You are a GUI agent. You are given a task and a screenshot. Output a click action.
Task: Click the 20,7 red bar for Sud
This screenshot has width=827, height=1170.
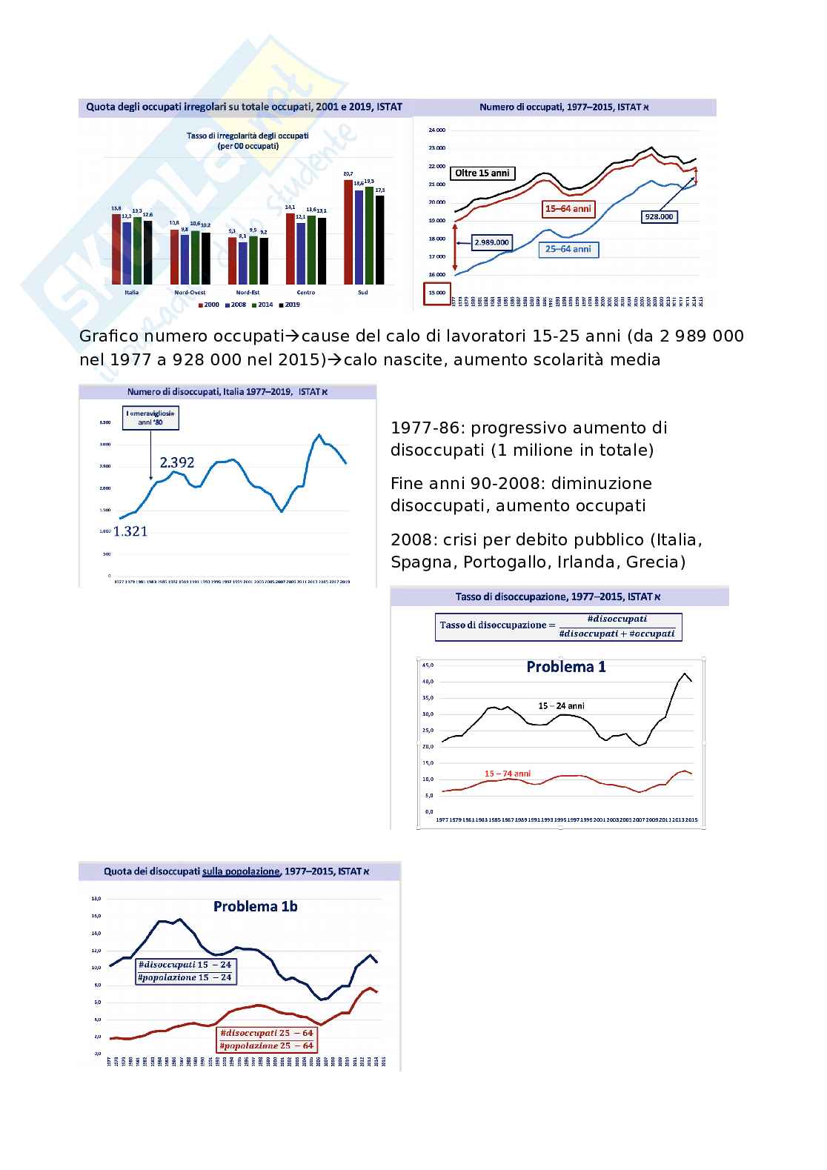348,231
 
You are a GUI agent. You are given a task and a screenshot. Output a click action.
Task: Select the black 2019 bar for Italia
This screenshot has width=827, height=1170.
147,252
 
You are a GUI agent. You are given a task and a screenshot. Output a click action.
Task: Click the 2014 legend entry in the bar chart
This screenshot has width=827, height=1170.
264,305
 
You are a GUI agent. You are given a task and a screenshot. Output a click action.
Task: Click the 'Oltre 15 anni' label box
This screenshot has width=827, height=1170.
482,173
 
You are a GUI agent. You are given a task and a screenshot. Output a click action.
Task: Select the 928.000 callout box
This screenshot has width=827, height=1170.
659,216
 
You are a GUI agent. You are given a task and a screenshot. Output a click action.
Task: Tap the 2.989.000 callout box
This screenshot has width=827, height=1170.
491,242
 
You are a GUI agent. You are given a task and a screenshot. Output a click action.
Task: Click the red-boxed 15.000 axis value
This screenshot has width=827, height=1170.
436,293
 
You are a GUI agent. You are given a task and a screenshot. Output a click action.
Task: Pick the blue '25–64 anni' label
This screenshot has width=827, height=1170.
568,250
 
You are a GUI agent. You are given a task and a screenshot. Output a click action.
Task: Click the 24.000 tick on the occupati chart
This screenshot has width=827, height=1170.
436,130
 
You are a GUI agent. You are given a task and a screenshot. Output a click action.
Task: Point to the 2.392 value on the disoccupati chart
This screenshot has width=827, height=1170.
177,462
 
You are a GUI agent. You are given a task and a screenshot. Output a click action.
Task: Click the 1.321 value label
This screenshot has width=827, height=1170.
130,531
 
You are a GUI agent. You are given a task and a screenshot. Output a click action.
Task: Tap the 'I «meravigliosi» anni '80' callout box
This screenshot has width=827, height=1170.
150,417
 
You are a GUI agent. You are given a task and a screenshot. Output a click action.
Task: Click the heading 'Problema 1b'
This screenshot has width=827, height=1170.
255,906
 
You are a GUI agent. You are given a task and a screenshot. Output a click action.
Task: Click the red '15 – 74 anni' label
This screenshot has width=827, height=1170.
508,774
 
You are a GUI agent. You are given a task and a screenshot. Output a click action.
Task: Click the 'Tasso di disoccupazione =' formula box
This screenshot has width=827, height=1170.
557,626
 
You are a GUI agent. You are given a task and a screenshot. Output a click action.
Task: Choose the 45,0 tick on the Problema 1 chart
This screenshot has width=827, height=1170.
427,665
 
